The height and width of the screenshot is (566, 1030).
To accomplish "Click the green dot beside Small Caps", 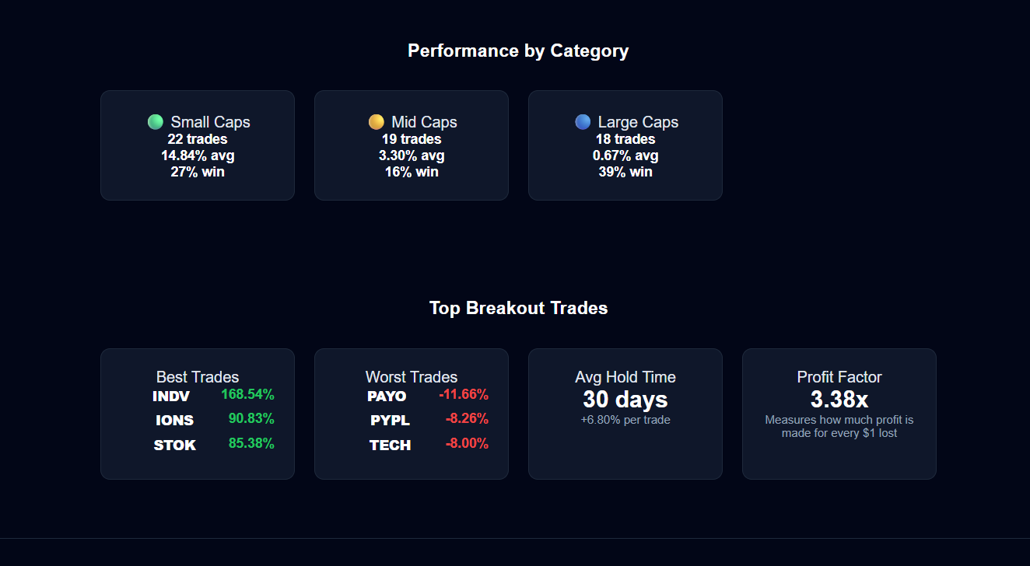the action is coord(156,122).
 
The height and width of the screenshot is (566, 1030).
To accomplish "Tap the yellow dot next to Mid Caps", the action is coord(376,122).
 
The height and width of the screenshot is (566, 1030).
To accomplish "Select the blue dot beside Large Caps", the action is coord(583,122).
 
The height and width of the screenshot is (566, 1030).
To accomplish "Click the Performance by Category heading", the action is coord(518,51).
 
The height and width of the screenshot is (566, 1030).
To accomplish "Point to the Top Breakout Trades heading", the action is coord(518,308).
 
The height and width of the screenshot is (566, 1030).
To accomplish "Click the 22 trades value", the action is coord(198,138).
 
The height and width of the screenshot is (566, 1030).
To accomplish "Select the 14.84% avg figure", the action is coord(198,155).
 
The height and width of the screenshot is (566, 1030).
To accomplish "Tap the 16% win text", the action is coord(412,172).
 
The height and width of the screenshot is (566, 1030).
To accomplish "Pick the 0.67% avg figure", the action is coord(625,155).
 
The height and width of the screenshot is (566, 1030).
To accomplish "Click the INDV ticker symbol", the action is coord(171,396).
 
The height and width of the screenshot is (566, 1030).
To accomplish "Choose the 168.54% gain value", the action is coord(247,394).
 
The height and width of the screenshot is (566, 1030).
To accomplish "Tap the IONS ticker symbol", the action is coord(175,421).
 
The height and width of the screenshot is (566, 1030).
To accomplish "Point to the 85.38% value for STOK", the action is coord(251,443).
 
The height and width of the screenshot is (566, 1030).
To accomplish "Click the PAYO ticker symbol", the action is coord(387,396).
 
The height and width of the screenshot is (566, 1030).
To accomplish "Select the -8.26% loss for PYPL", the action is coord(467,418).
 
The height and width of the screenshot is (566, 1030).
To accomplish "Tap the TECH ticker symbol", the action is coord(390,445).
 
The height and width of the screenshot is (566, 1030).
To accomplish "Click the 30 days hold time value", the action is coord(625,400).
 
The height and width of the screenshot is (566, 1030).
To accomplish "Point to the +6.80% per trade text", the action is coord(625,420).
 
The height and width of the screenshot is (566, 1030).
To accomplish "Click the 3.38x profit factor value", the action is coord(839,400).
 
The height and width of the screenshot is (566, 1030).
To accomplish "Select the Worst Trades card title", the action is coord(412,377).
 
